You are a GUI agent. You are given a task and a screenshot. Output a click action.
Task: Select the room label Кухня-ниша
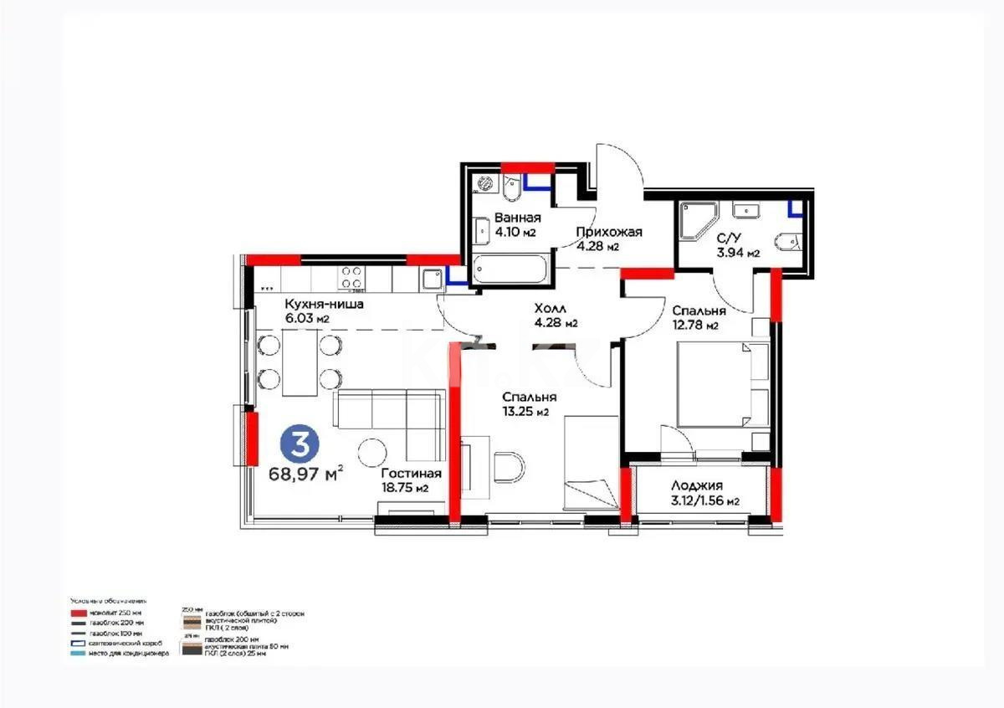point(324,304)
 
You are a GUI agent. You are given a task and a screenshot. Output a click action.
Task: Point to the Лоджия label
point(696,485)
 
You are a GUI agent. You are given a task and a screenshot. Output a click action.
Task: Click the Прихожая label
point(608,232)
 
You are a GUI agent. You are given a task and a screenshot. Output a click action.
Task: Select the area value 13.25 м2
point(525,411)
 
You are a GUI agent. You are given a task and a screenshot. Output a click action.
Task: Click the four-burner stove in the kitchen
point(351,276)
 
